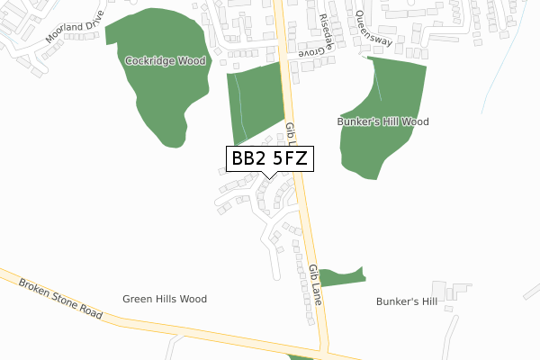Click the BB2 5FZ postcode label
pos(270,158)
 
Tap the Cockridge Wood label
pos(166,61)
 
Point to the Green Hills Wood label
pos(165,299)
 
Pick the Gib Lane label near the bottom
pos(314,283)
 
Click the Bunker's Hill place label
pos(407,301)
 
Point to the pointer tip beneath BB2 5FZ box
pos(270,177)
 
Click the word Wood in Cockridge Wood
pos(191,61)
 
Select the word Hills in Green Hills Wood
pos(171,299)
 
